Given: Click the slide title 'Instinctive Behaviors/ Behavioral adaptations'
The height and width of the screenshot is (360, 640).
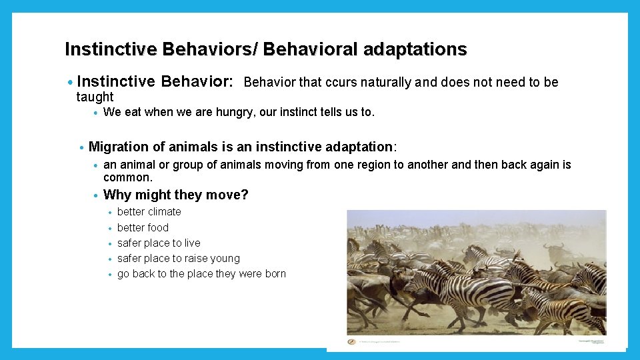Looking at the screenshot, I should pos(265,49).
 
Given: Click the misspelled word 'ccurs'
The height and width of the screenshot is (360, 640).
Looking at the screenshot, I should pos(340,83).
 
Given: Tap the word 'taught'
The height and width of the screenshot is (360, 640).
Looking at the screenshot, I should pos(95,97).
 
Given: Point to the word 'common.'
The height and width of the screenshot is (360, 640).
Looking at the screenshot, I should pos(128,177).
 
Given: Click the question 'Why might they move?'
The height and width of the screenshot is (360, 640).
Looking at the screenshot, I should pos(176,195).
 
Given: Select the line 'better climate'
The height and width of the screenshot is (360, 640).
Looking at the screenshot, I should pos(149,212).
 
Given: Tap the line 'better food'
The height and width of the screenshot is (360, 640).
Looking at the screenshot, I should pos(143,227).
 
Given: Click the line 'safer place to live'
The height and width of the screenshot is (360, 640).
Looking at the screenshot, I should pos(159,243).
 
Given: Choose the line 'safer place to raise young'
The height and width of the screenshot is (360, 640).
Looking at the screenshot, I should pos(178,259).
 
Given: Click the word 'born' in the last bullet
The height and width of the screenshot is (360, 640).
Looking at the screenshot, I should pos(275,274).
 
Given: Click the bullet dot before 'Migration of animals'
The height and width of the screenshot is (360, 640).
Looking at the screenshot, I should pos(81,147).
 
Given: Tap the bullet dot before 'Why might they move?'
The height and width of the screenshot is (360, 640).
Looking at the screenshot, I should pos(97,195).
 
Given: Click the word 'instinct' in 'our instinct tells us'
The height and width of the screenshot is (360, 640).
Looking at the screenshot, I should pos(303,113).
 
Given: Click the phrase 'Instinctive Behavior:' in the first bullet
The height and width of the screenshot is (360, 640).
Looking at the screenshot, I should pos(155,82).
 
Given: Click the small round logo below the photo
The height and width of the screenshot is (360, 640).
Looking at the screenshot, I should pos(352,341).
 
